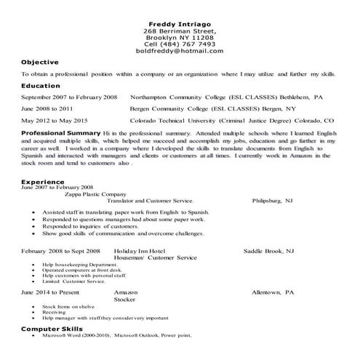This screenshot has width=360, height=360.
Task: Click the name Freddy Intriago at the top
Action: click(x=179, y=25)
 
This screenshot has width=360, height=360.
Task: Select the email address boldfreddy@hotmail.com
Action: click(x=179, y=52)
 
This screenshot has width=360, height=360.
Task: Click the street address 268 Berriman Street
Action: click(x=179, y=33)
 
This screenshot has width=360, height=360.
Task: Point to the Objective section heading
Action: click(x=40, y=63)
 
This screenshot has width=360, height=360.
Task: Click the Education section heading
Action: click(x=41, y=86)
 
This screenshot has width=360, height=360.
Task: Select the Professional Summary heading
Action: click(x=61, y=134)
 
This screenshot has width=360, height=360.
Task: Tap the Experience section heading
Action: click(x=43, y=181)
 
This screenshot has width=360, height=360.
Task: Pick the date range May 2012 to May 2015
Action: click(x=55, y=120)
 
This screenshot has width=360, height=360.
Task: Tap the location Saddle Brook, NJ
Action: click(x=268, y=250)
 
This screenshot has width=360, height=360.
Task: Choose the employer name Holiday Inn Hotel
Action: click(x=140, y=250)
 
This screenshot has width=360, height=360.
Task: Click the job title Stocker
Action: click(x=126, y=298)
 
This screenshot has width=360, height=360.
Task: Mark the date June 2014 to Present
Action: click(x=50, y=291)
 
